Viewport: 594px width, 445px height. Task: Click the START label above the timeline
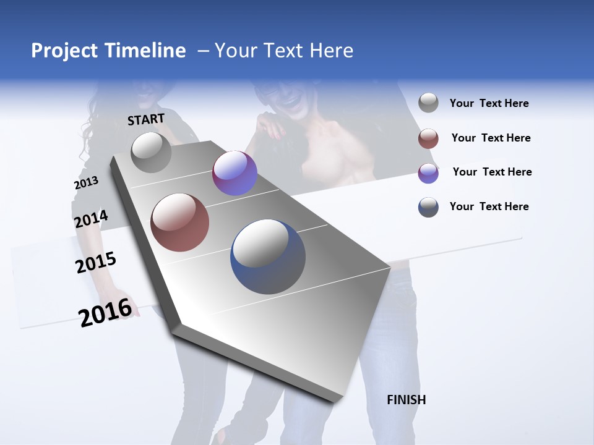click(146, 119)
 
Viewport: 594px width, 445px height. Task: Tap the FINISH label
click(407, 400)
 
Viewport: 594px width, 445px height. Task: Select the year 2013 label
click(86, 183)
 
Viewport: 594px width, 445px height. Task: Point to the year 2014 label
click(91, 219)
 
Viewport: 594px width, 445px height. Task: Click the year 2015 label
click(96, 263)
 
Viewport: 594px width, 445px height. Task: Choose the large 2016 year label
click(105, 312)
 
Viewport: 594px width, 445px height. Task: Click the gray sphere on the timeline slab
click(152, 152)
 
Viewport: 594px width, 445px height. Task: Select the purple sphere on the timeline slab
click(235, 173)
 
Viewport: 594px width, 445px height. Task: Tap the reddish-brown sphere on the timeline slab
click(180, 222)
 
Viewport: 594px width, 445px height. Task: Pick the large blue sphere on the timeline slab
click(268, 256)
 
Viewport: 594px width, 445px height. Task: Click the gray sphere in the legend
click(428, 103)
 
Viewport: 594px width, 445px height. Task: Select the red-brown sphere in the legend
click(428, 138)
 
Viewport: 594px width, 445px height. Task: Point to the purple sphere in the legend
click(428, 173)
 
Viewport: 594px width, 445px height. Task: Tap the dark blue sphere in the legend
click(428, 207)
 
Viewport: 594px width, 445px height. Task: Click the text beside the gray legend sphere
click(489, 104)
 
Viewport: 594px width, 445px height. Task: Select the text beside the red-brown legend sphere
click(491, 138)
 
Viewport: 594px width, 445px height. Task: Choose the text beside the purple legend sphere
click(492, 172)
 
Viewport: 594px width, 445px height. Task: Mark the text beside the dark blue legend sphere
click(489, 206)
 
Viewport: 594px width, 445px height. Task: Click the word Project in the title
click(65, 51)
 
